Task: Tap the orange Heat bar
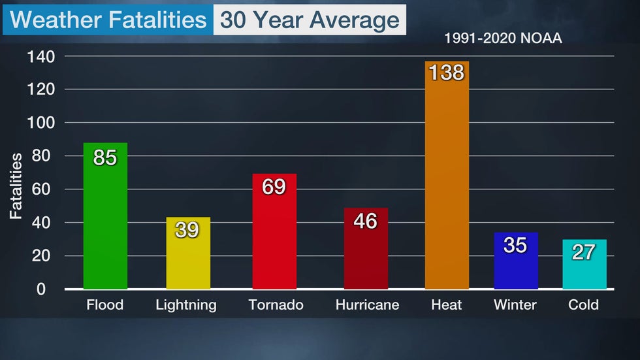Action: coord(447,183)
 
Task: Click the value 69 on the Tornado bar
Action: coord(274,187)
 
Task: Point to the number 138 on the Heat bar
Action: coord(447,73)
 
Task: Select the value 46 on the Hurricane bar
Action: coord(365,221)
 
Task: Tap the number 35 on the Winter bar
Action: coord(515,245)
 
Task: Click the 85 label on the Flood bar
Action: coord(105,157)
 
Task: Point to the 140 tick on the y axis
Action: coord(40,56)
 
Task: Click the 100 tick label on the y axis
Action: coord(40,123)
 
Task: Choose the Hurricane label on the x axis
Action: coord(367,305)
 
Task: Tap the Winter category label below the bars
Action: coord(515,305)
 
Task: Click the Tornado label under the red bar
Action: coord(276,305)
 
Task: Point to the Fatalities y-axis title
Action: coord(16,186)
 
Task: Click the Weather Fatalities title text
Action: coord(108,20)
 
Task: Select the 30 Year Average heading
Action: coord(310,20)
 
